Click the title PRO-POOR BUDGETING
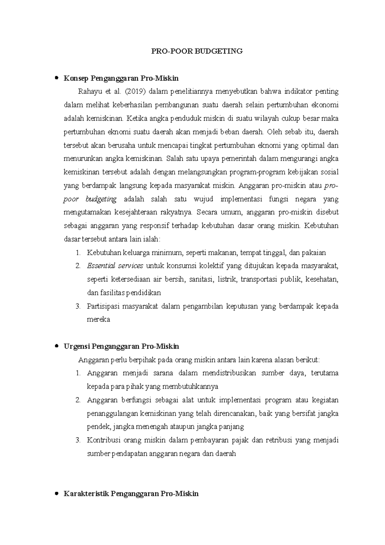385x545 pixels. click(x=197, y=51)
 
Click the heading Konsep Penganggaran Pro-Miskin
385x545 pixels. click(x=121, y=78)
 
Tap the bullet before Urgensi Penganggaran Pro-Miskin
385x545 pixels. click(x=57, y=346)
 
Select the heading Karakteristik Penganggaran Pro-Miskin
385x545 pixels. click(x=131, y=493)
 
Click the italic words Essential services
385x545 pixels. click(x=115, y=266)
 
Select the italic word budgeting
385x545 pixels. click(x=101, y=199)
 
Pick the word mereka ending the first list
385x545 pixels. click(x=98, y=319)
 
